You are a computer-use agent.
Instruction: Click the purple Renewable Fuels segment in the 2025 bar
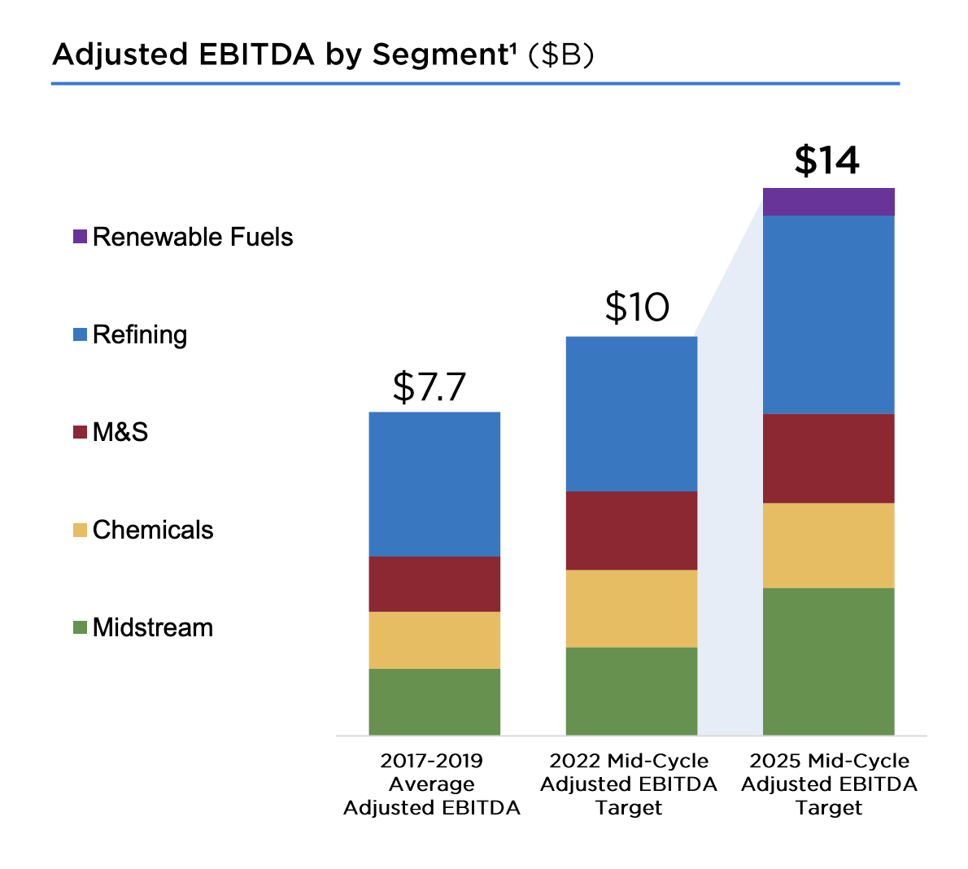[x=828, y=202]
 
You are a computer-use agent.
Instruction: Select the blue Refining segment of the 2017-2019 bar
[x=434, y=484]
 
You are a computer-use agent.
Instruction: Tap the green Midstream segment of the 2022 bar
[x=631, y=691]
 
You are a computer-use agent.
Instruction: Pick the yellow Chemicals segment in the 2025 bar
[x=828, y=545]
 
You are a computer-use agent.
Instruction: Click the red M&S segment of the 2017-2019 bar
[x=434, y=583]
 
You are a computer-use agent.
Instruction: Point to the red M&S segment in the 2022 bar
[x=631, y=530]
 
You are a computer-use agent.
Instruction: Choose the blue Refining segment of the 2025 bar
[x=828, y=314]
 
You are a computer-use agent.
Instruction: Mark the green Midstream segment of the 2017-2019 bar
[x=434, y=701]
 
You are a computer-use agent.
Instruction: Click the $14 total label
[x=826, y=160]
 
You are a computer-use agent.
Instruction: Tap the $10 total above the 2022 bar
[x=637, y=308]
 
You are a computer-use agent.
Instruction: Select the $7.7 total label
[x=429, y=386]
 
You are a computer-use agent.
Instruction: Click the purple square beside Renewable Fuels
[x=80, y=237]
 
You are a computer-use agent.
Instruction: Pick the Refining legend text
[x=140, y=334]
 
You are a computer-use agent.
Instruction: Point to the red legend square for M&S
[x=80, y=432]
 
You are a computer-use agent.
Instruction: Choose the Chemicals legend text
[x=153, y=530]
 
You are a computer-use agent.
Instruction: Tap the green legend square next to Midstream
[x=80, y=627]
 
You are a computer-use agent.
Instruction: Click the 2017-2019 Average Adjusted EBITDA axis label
[x=432, y=784]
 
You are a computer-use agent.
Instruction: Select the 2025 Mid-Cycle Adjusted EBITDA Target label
[x=829, y=784]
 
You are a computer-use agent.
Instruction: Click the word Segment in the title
[x=440, y=55]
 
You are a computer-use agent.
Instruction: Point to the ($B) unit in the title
[x=561, y=55]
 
